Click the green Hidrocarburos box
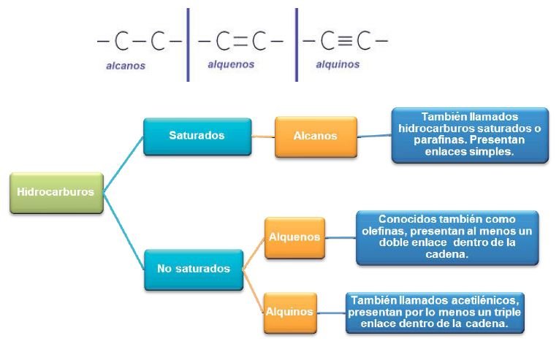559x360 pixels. click(56, 192)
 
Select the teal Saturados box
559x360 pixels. click(197, 136)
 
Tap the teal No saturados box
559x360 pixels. click(193, 269)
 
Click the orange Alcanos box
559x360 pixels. click(316, 136)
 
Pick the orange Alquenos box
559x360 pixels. click(294, 237)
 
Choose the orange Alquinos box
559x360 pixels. click(290, 312)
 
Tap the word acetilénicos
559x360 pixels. click(482, 300)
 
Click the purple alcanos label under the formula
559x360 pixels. click(124, 66)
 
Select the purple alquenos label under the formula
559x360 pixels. click(231, 64)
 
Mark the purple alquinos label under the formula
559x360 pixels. click(338, 64)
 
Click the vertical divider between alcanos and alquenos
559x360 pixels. click(188, 44)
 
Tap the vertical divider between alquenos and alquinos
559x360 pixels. click(297, 44)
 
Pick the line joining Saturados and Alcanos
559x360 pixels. click(263, 137)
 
